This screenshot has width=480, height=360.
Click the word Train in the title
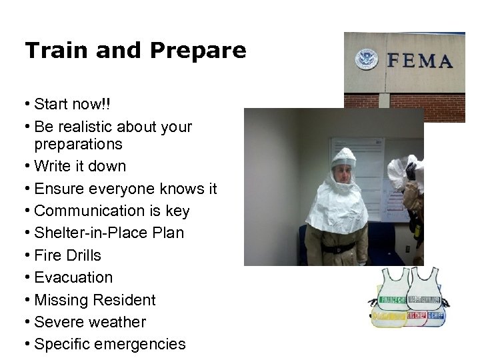coord(54,51)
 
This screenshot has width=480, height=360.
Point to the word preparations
coord(78,144)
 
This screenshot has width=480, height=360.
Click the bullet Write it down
coord(79,166)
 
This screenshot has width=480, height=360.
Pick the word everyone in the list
coord(119,189)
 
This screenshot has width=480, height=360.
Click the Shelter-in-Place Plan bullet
coord(109,233)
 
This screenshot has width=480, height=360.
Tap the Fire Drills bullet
coord(67,255)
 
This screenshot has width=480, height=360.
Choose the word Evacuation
coord(73,277)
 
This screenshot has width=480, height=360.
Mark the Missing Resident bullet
coord(95,300)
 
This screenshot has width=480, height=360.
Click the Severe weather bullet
coord(89,322)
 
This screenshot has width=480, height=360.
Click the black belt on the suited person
coord(339,248)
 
